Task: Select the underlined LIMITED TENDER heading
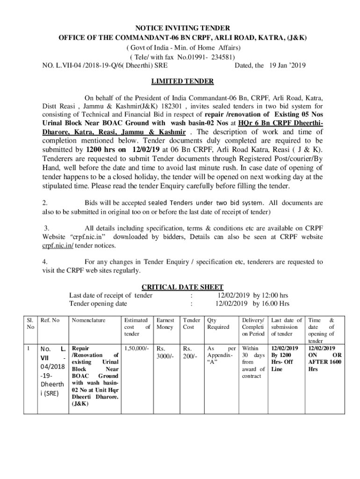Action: (x=182, y=81)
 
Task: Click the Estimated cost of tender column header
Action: (x=136, y=327)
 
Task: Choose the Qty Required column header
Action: (x=218, y=324)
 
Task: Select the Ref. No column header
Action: (x=50, y=320)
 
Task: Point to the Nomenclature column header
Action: (x=89, y=320)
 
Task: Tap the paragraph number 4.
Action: (x=44, y=262)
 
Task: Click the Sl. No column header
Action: (x=30, y=324)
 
